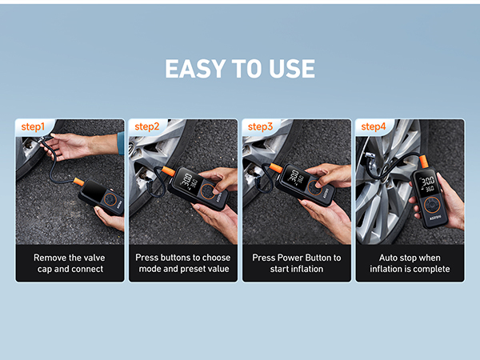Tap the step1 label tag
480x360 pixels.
(34, 126)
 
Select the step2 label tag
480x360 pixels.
(147, 126)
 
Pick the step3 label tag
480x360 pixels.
(261, 126)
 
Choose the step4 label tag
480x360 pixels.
(374, 126)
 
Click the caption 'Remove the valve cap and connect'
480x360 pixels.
(69, 263)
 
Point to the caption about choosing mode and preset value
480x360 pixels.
(182, 263)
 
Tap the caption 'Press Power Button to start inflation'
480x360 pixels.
(296, 263)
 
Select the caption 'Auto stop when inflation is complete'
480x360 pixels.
(410, 263)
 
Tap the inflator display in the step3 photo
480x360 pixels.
(295, 179)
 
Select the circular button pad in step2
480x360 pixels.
(210, 192)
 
